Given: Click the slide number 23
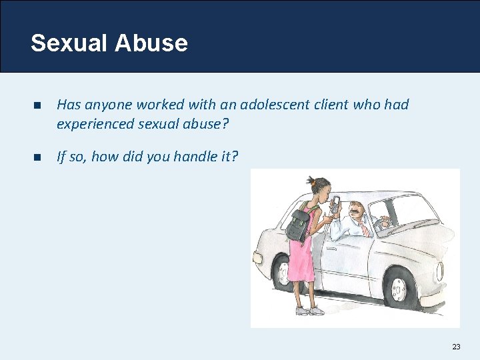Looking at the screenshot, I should tap(456, 346).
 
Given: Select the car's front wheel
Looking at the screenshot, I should tap(399, 288).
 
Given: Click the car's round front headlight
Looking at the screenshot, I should tap(440, 270).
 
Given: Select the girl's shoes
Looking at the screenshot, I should tap(308, 311).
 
